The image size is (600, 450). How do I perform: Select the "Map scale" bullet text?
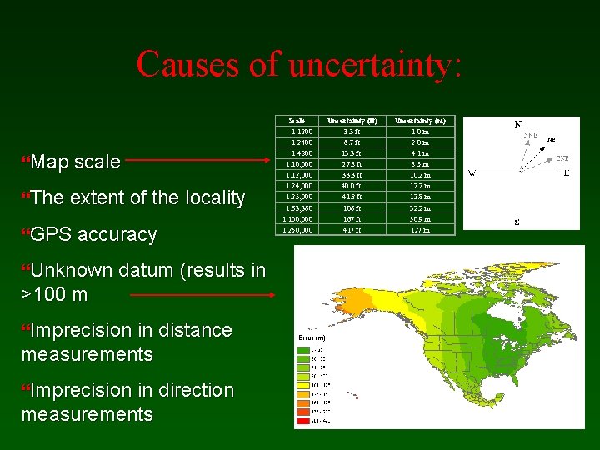[75, 162]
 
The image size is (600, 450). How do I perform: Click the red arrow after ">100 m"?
[202, 294]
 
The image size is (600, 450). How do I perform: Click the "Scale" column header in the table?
[296, 121]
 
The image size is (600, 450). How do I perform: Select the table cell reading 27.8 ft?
[352, 164]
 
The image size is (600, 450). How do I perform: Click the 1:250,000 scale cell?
[297, 230]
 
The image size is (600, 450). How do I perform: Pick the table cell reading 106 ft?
[352, 208]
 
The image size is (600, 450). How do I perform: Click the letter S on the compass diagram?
[517, 222]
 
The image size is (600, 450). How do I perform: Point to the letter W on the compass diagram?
[471, 173]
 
